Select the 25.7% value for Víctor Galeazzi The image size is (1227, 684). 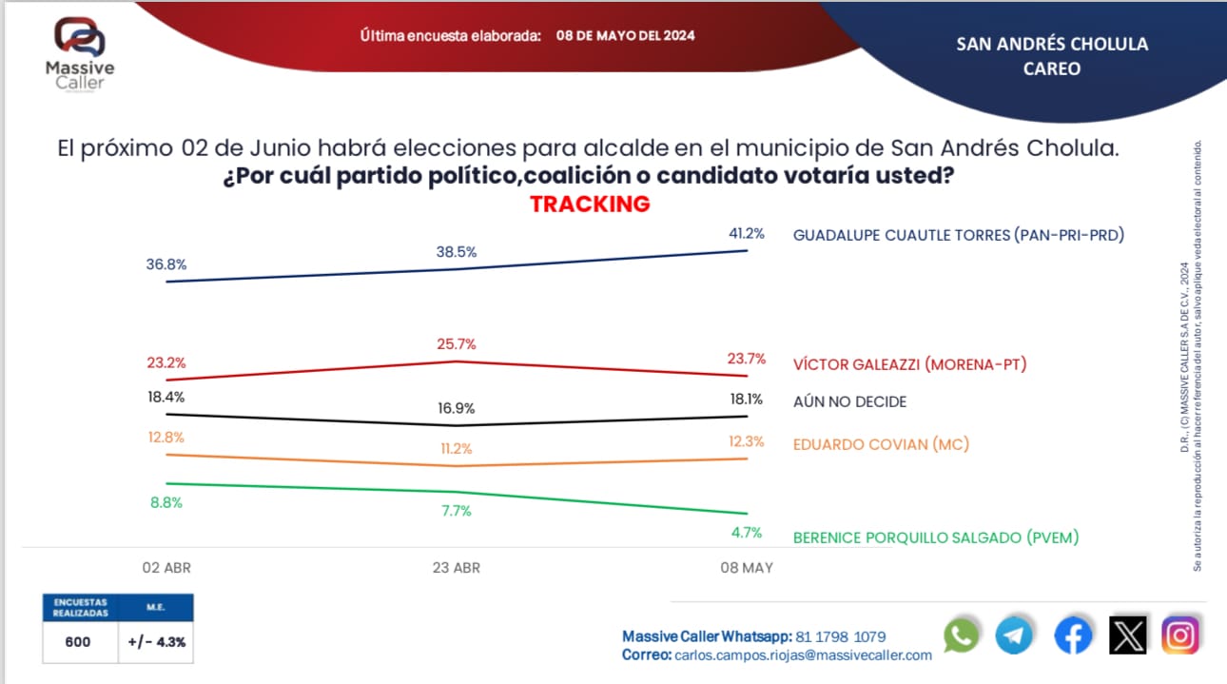point(458,344)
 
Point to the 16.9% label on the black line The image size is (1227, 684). point(457,408)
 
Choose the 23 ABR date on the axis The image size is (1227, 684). point(457,567)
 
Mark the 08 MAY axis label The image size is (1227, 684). point(747,567)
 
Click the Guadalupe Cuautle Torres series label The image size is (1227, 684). point(959,235)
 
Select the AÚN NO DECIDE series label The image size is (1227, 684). point(849,401)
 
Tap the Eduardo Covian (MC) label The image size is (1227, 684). point(881,444)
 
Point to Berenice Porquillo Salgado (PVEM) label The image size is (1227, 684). point(936,537)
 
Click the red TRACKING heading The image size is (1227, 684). point(590,205)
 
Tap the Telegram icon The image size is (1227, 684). point(1015,635)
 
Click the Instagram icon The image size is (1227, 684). point(1180,635)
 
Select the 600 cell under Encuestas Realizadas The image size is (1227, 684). point(78,642)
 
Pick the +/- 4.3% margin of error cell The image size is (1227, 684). point(156,642)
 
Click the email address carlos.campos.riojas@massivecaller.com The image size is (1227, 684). point(804,655)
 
